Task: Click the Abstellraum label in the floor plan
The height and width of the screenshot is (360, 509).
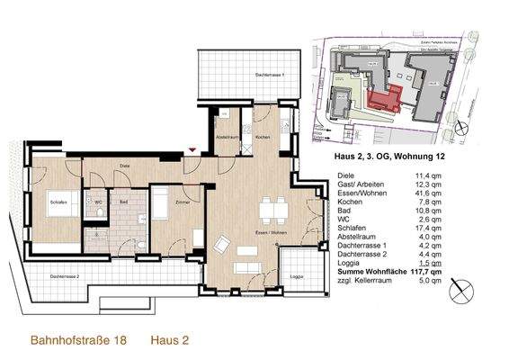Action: [x=226, y=138]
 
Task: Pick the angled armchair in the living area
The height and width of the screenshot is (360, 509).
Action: [x=221, y=244]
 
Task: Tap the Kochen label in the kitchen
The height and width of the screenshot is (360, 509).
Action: [x=262, y=138]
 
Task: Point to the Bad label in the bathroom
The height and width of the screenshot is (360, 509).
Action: [x=123, y=203]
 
